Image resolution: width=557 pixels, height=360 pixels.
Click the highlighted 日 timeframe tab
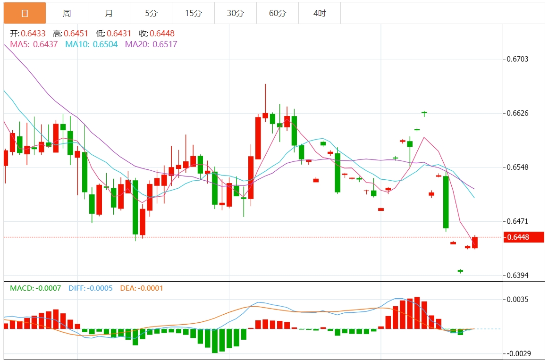[25, 13]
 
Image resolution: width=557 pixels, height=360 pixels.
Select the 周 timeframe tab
[67, 13]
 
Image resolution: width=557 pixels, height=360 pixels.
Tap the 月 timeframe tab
[109, 13]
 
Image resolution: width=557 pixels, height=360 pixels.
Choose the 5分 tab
[151, 13]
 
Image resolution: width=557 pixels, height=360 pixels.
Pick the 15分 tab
[193, 13]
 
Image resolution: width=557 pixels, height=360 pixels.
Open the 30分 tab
[235, 13]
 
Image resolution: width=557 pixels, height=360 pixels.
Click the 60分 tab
[278, 13]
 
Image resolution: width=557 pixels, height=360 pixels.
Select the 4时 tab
[320, 13]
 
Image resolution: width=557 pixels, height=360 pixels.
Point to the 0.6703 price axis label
[518, 59]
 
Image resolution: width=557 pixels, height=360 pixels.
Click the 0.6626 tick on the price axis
[518, 113]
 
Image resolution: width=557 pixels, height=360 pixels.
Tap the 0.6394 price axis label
[518, 276]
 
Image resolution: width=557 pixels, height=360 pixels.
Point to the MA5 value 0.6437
[45, 44]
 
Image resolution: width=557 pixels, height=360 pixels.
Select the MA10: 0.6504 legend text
[92, 44]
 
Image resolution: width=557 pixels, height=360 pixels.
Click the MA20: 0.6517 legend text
[151, 44]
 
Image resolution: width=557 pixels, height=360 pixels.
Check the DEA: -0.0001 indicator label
[142, 288]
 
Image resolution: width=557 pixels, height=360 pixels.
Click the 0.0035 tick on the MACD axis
[518, 299]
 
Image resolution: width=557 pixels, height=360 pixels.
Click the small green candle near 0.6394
[460, 271]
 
